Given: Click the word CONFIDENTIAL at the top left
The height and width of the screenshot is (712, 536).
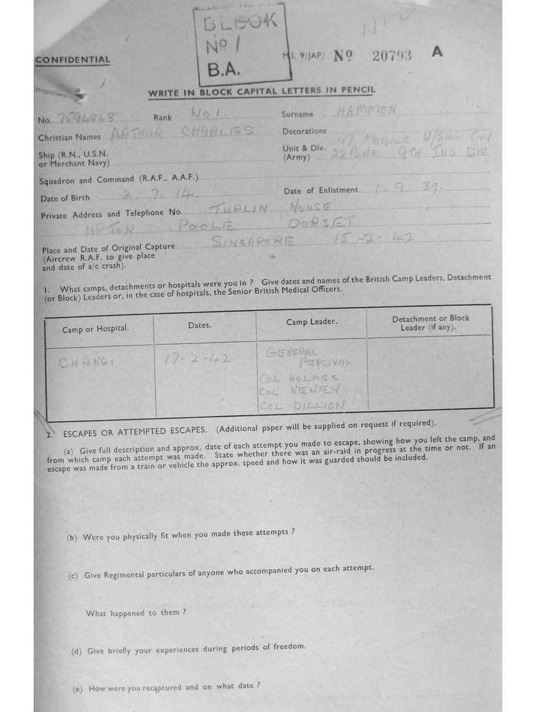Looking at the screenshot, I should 72,60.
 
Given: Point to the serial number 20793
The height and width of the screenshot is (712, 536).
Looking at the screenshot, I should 392,56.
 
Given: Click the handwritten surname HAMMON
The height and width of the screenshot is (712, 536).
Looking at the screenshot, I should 366,111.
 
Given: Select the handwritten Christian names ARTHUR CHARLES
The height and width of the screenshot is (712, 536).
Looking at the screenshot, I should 183,134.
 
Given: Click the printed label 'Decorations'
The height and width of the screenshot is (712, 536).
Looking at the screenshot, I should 304,131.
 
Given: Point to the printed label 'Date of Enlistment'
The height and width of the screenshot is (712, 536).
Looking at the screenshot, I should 321,191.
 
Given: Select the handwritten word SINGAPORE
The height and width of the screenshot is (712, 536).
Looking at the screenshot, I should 253,242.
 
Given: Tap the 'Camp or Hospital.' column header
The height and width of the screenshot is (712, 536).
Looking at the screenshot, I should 96,328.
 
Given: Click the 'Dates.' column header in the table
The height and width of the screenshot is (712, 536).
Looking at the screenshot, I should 200,325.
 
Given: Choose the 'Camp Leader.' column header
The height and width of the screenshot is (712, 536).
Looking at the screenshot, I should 312,322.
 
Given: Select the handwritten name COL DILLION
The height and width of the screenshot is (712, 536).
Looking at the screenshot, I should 303,405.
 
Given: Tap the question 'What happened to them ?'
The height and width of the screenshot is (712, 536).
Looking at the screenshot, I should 136,613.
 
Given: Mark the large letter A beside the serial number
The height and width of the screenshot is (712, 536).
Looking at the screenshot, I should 437,51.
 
